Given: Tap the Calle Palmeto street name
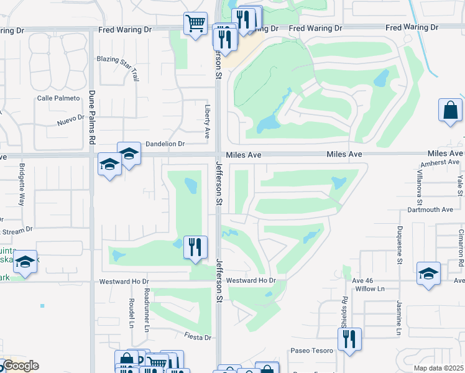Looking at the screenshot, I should click(58, 98).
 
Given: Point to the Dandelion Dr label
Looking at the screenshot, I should click(165, 144).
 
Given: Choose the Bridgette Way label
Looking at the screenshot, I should click(22, 185).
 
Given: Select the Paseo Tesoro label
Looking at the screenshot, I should click(311, 351).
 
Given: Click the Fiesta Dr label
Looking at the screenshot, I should click(198, 337).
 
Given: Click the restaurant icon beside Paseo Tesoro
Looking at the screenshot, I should click(350, 339).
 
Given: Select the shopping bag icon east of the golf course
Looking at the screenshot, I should click(450, 111).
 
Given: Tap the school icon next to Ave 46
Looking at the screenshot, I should click(428, 274).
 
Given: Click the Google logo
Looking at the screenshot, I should click(20, 366).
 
